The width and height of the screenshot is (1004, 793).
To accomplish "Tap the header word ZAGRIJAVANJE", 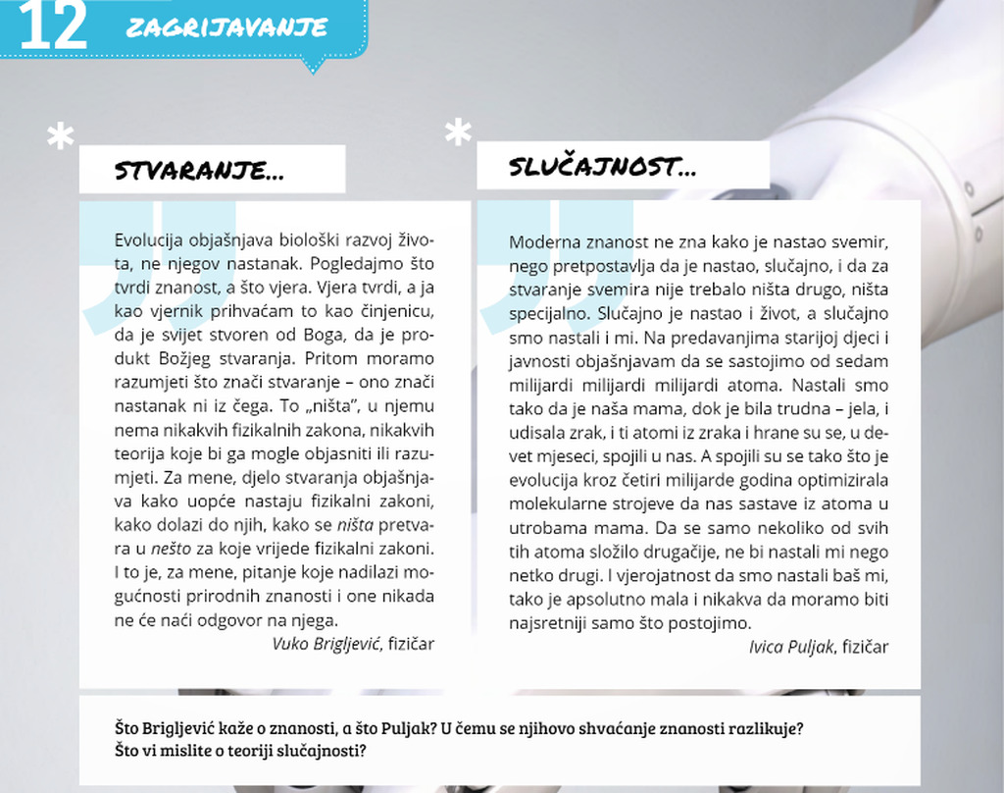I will (x=226, y=27).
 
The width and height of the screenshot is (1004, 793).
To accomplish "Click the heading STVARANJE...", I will (x=200, y=171).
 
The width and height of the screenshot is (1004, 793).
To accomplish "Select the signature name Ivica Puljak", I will (x=790, y=647).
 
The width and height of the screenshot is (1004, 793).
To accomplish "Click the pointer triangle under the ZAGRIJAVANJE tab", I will (x=313, y=66).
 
